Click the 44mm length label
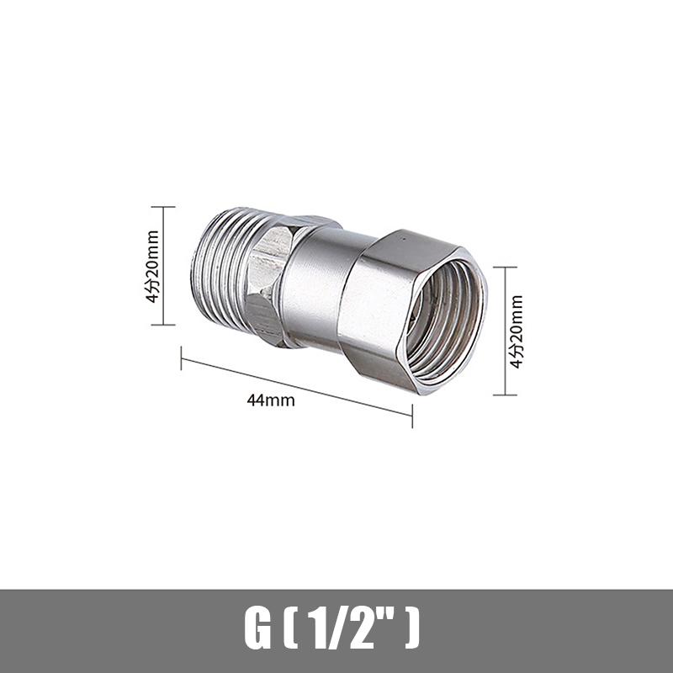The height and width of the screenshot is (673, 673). tap(271, 400)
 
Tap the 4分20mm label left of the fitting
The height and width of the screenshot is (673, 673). tap(152, 266)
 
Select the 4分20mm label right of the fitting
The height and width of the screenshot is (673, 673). tap(517, 331)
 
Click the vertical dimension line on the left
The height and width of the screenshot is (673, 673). tap(163, 266)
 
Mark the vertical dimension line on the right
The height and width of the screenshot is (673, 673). tap(505, 331)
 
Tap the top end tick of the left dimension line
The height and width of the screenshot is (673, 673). tap(163, 207)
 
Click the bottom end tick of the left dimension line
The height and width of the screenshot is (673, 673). tap(163, 325)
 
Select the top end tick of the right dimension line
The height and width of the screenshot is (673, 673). tap(505, 268)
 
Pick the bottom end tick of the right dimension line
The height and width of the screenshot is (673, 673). tap(505, 394)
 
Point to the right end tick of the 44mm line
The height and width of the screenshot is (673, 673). tap(411, 415)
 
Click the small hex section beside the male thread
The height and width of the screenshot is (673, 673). tap(271, 282)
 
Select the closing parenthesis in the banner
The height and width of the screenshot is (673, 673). tap(411, 629)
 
